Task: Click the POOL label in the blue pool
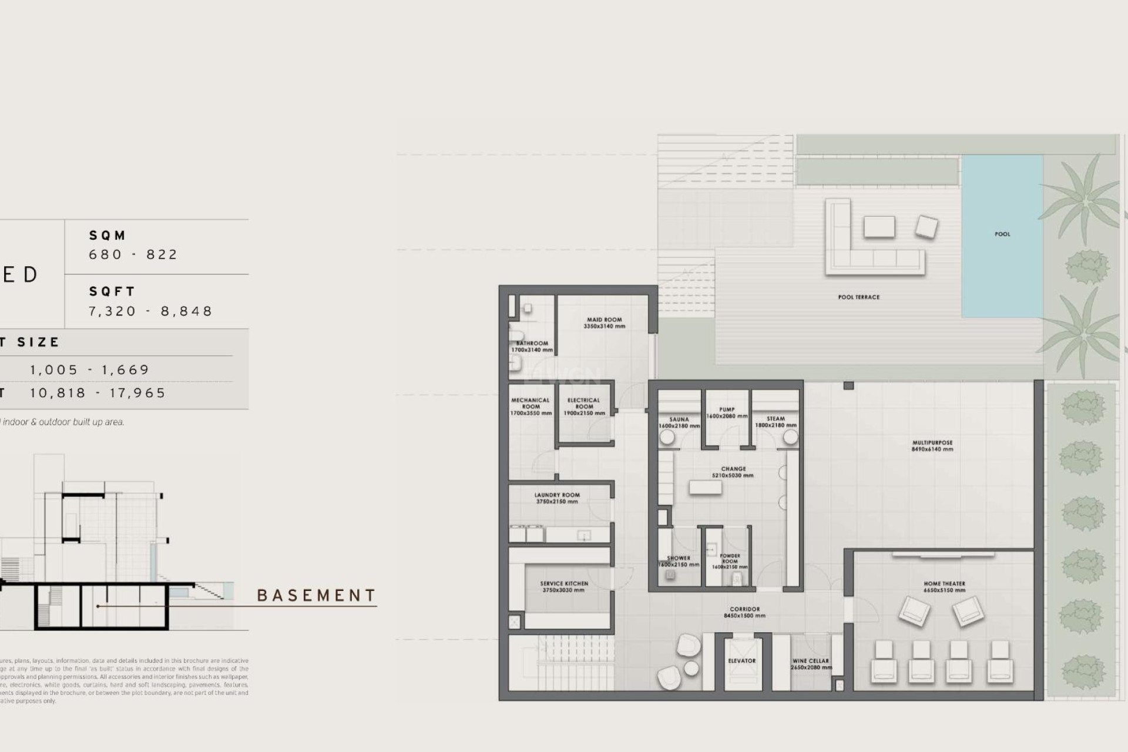click(1002, 234)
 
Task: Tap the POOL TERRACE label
click(858, 297)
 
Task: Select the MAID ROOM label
click(604, 320)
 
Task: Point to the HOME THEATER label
click(944, 584)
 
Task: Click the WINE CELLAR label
click(810, 661)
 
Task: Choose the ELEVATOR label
click(742, 661)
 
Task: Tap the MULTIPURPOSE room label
click(932, 443)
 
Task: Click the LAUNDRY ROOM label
click(556, 495)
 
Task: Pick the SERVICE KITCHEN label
click(564, 584)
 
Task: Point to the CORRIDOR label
click(744, 609)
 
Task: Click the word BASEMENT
click(317, 596)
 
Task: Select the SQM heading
click(108, 236)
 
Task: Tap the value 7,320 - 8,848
click(150, 311)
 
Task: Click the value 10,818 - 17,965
click(98, 393)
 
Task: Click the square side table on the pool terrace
click(926, 227)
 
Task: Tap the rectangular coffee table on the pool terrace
click(879, 227)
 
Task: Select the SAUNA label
click(679, 419)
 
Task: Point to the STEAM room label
click(775, 419)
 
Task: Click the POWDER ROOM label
click(730, 558)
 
